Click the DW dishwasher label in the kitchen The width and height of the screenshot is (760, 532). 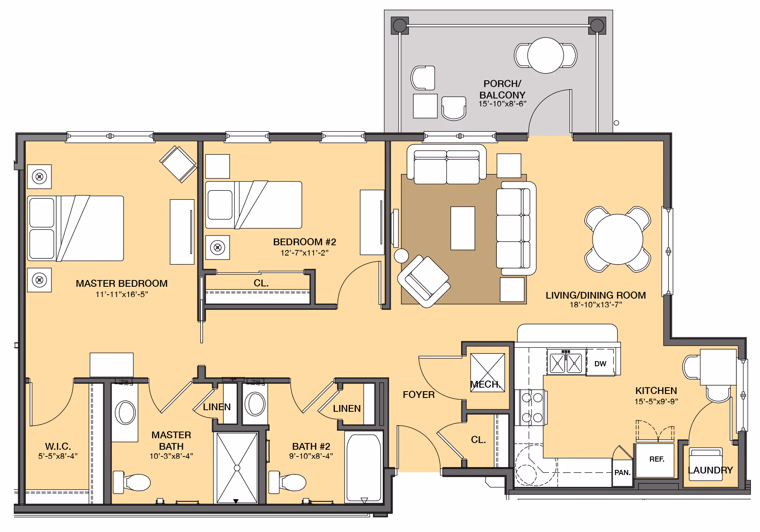[600, 364]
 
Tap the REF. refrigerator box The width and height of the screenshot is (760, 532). [655, 460]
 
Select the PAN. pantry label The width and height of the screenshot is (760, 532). [622, 472]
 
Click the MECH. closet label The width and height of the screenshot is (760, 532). [485, 384]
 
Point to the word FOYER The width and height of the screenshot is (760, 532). [418, 394]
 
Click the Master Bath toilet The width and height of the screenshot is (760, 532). [132, 482]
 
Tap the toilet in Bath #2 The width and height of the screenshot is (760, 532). [287, 482]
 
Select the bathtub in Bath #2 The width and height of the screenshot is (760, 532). [364, 467]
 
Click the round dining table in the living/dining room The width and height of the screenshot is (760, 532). [617, 239]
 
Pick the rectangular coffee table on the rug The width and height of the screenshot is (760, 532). [463, 228]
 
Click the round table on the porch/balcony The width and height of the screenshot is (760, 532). [545, 55]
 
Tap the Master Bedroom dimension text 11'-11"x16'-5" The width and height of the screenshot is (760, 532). [122, 294]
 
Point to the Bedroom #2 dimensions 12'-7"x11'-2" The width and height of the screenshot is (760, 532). [304, 253]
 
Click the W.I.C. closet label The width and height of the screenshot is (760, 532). [58, 446]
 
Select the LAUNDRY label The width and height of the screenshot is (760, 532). [710, 470]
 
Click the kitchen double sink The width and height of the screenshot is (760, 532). [566, 362]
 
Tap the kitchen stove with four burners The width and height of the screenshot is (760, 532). [531, 407]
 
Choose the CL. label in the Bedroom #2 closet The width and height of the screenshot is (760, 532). [261, 283]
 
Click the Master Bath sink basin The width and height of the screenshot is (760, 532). [125, 413]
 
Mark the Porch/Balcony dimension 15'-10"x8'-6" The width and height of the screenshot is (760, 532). [502, 104]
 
